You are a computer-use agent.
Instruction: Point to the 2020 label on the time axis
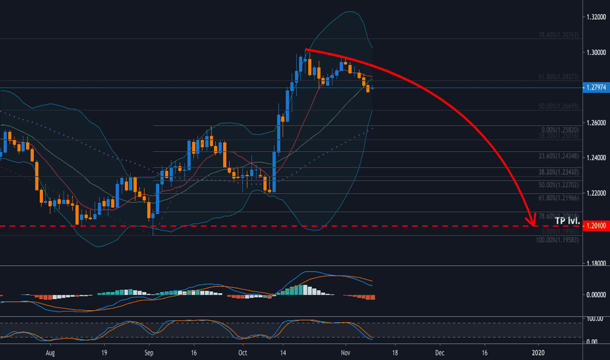click(538, 352)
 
